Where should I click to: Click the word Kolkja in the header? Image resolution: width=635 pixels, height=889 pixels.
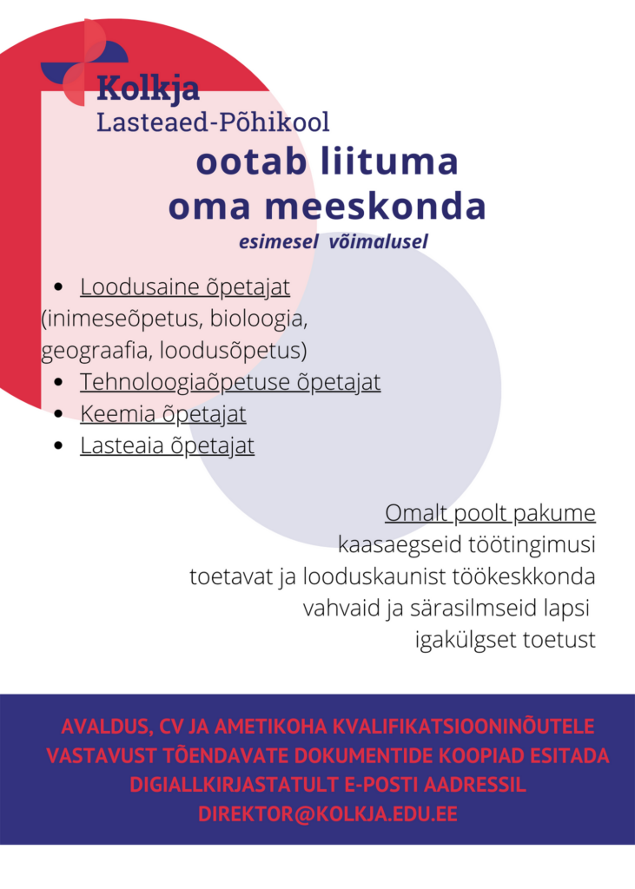[148, 89]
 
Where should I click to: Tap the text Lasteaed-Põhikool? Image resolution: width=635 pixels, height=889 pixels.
[213, 122]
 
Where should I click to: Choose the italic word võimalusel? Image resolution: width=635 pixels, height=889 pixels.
[379, 242]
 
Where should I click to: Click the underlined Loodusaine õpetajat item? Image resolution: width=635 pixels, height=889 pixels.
[185, 286]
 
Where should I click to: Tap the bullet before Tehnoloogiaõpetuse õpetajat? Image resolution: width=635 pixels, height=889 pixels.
[58, 382]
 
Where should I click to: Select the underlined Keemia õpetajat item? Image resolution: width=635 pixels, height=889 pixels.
[163, 414]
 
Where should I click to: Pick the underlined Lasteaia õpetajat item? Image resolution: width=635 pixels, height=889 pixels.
[167, 446]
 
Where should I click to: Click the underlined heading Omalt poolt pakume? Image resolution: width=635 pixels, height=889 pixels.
[490, 513]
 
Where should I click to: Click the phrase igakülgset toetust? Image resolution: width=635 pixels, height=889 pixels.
[506, 641]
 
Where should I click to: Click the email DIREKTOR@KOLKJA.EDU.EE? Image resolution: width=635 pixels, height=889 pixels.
[327, 814]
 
